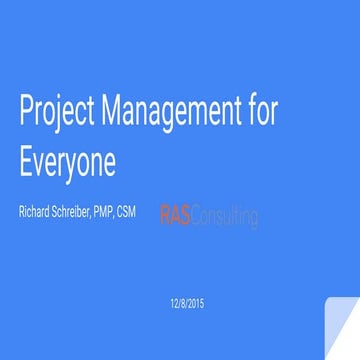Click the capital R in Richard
tap(22, 212)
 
